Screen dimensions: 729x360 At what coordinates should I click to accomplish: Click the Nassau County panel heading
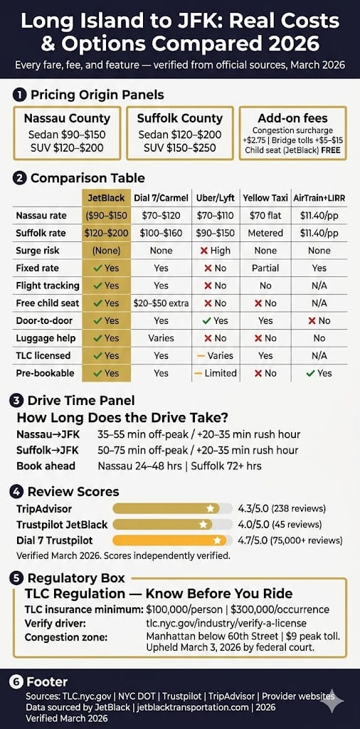point(68,118)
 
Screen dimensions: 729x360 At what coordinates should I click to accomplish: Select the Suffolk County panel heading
point(180,118)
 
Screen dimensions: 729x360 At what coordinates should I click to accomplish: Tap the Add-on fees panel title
point(292,118)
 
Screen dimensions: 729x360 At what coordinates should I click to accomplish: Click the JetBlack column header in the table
point(106,197)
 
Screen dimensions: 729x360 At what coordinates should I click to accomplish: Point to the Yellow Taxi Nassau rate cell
point(265,216)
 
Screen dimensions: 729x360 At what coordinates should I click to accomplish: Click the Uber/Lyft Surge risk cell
point(214,251)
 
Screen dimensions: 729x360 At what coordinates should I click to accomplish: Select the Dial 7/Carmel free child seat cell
point(161,303)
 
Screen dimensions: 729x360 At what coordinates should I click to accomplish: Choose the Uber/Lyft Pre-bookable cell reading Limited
point(214,372)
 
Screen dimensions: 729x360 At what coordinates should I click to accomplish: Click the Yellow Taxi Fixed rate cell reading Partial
point(265,268)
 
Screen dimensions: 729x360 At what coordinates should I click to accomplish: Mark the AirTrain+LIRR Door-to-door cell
point(319,320)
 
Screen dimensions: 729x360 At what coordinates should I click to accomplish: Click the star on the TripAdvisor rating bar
point(210,508)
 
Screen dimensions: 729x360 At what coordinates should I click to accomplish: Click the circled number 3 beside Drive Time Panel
point(20,400)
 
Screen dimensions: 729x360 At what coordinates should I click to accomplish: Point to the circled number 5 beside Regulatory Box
point(20,577)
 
